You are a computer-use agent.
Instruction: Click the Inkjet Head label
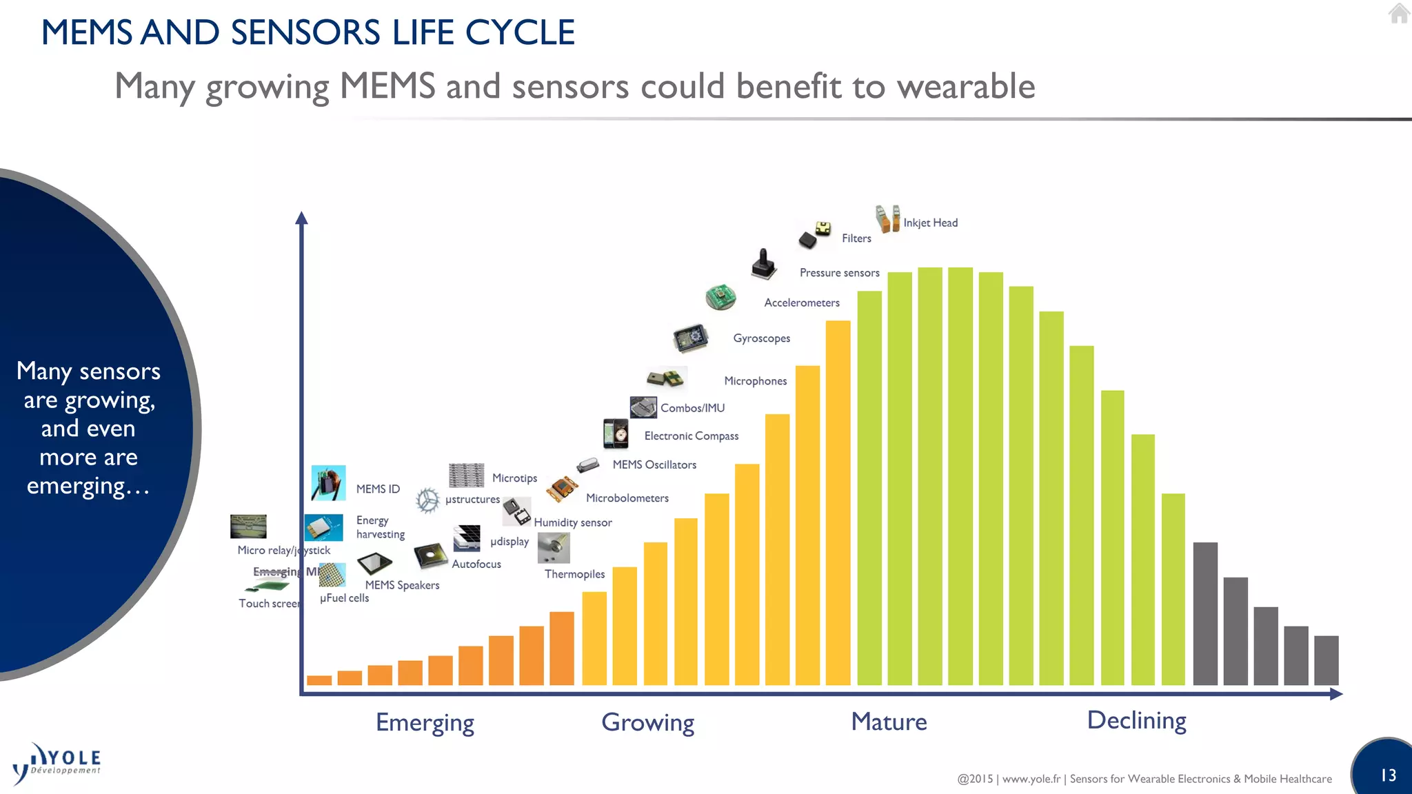point(930,223)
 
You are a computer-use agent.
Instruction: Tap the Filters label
point(856,238)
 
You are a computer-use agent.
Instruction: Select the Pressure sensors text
point(839,273)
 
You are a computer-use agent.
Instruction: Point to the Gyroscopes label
point(761,338)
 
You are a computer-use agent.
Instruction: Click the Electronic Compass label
point(691,436)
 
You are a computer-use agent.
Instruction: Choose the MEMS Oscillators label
point(654,465)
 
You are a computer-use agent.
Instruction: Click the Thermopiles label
point(574,574)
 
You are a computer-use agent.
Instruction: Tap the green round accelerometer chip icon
point(720,297)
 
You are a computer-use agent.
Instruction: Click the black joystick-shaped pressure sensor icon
point(763,265)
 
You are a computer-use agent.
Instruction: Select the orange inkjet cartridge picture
point(887,218)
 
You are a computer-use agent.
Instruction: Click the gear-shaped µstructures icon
point(427,500)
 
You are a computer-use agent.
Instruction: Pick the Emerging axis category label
point(425,722)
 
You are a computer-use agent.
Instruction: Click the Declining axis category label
point(1136,720)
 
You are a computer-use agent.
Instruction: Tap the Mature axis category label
point(889,722)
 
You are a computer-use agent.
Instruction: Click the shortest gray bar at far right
point(1326,660)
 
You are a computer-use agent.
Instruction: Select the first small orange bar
point(319,680)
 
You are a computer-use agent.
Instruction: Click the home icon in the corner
point(1399,13)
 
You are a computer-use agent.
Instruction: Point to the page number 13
point(1388,775)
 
